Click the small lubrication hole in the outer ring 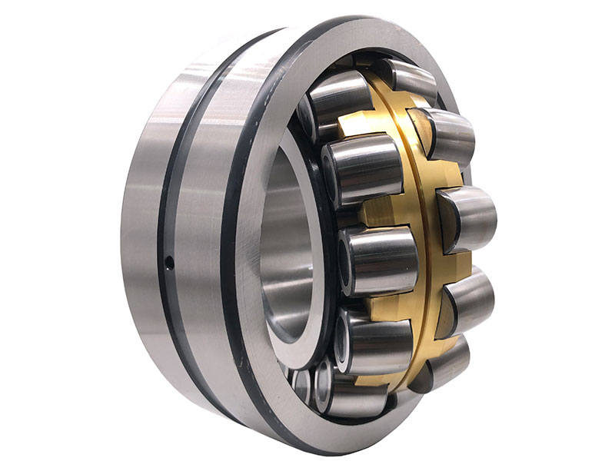click(x=169, y=264)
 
